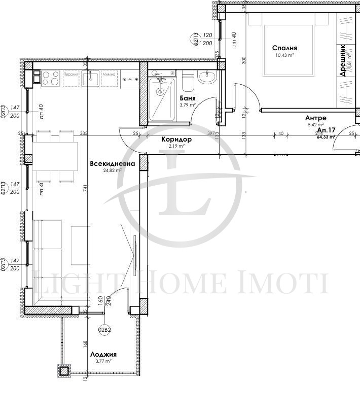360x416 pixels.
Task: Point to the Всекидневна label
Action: pos(112,164)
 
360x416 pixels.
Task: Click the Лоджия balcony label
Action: pos(103,354)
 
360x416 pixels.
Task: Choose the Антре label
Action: pos(315,118)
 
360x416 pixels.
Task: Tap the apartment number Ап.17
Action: pos(325,130)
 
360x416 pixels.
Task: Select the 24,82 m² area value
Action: pos(112,171)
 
